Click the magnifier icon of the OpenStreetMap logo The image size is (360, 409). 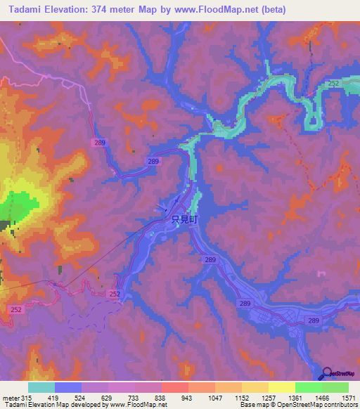(x=328, y=373)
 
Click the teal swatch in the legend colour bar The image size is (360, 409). (x=41, y=388)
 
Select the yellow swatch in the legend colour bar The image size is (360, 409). (x=281, y=388)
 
